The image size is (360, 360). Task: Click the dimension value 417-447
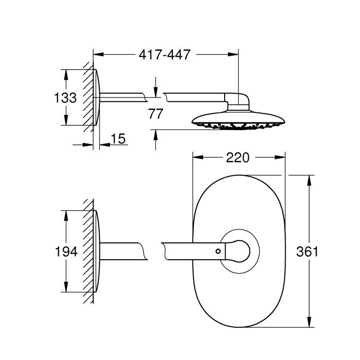164,55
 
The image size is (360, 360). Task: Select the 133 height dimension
65,98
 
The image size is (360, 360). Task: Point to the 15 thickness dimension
118,139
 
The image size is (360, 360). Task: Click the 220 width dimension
238,157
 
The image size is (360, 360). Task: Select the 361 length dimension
308,251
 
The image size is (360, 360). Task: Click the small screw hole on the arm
218,251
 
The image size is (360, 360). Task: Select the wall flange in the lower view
97,251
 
